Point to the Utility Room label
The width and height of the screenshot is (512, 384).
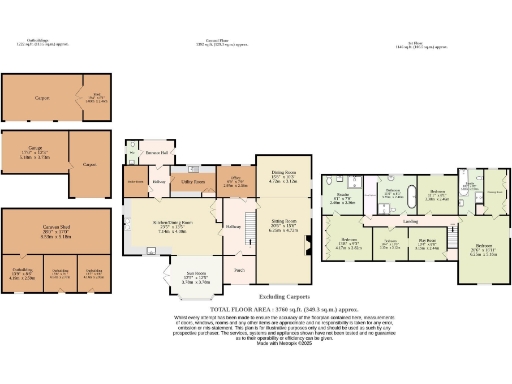pyautogui.click(x=193, y=183)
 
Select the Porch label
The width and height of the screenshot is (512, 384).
pyautogui.click(x=240, y=270)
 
